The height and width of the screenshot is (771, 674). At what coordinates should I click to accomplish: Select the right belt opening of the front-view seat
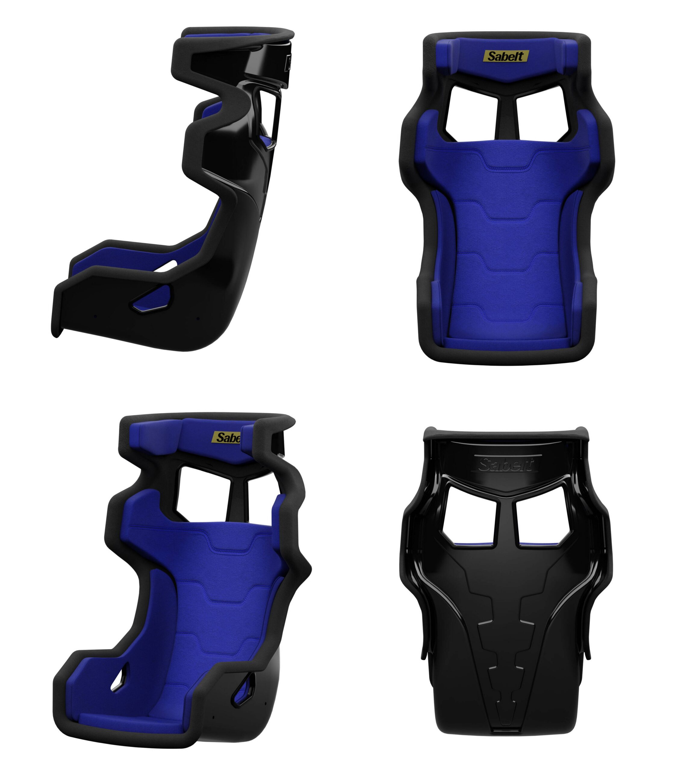click(542, 113)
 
